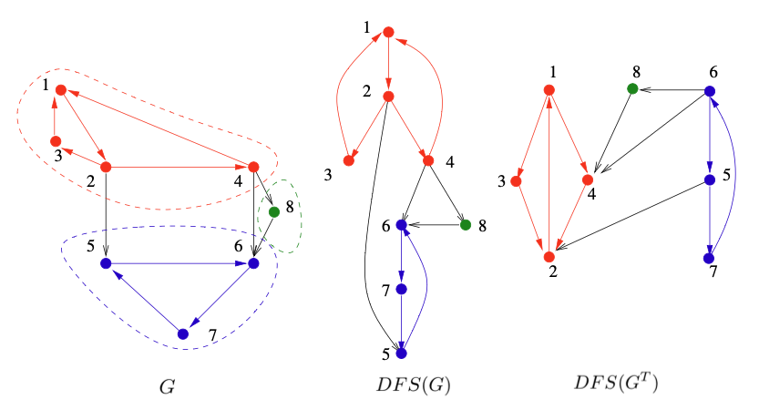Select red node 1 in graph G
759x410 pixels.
[x=61, y=90]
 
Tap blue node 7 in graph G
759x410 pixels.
[x=182, y=334]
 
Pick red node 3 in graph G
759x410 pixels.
[x=55, y=141]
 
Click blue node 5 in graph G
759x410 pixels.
[x=106, y=263]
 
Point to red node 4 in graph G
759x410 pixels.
[x=254, y=167]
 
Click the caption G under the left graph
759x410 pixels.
[x=167, y=386]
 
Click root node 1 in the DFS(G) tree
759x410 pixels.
[x=387, y=32]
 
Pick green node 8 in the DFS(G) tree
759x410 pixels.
[x=465, y=224]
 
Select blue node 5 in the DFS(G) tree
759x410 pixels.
[x=401, y=353]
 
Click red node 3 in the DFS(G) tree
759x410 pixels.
[x=348, y=160]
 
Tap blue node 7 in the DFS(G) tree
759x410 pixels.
[x=401, y=289]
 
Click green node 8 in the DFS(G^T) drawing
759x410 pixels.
[x=631, y=89]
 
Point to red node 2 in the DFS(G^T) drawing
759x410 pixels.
[x=549, y=244]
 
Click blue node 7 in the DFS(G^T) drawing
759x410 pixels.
[x=709, y=258]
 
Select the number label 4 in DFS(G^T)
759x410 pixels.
[x=593, y=194]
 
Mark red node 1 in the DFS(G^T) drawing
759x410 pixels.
[x=549, y=89]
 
